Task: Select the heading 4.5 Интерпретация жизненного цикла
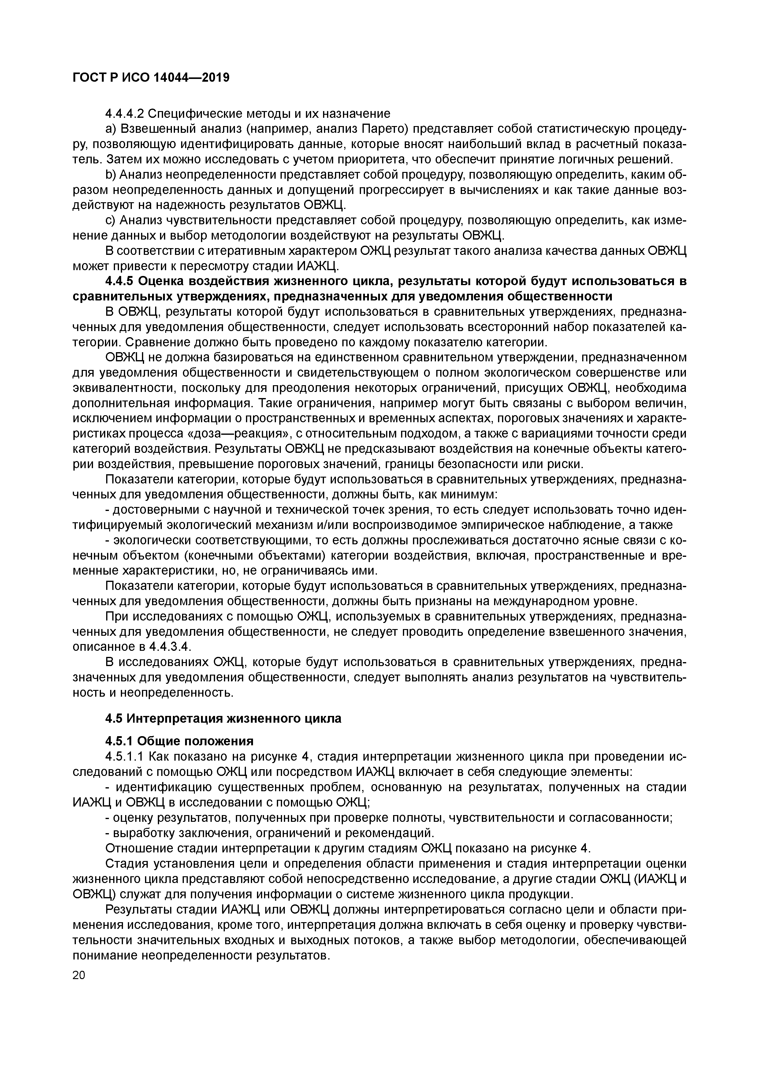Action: click(x=223, y=719)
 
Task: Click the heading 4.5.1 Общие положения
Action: click(x=180, y=742)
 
